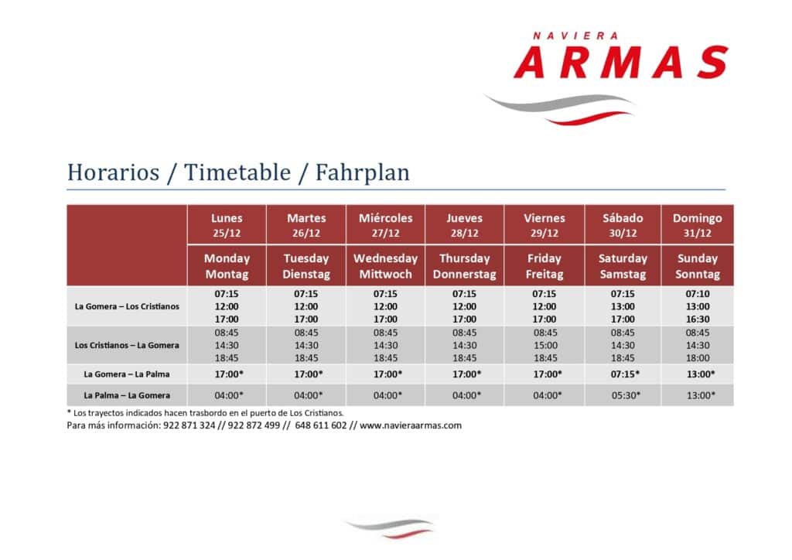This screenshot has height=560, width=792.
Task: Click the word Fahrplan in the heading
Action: click(x=362, y=173)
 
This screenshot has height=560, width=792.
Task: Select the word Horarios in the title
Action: click(x=113, y=172)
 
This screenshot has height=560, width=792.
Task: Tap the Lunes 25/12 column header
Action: click(x=227, y=225)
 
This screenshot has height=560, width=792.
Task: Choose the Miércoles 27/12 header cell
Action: click(x=385, y=225)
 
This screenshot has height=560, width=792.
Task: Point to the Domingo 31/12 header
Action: click(x=697, y=225)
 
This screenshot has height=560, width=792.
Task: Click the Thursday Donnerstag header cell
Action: click(x=464, y=266)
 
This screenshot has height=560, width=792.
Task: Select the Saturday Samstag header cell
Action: click(x=623, y=266)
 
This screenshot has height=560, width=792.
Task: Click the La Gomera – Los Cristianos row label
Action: click(x=127, y=306)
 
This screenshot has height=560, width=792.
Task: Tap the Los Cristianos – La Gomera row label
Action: click(x=127, y=346)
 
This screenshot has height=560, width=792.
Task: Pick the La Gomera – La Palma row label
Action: click(x=127, y=374)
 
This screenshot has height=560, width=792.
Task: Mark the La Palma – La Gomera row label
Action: click(x=127, y=395)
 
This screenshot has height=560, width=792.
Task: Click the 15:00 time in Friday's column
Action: click(x=545, y=346)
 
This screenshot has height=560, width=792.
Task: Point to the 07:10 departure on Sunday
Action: click(x=698, y=294)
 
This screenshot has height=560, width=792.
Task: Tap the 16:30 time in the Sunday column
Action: click(x=698, y=319)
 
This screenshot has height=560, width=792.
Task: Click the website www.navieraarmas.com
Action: click(x=411, y=425)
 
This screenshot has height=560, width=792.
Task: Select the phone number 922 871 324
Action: click(x=189, y=425)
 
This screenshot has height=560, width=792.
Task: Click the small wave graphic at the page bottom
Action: click(x=390, y=528)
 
